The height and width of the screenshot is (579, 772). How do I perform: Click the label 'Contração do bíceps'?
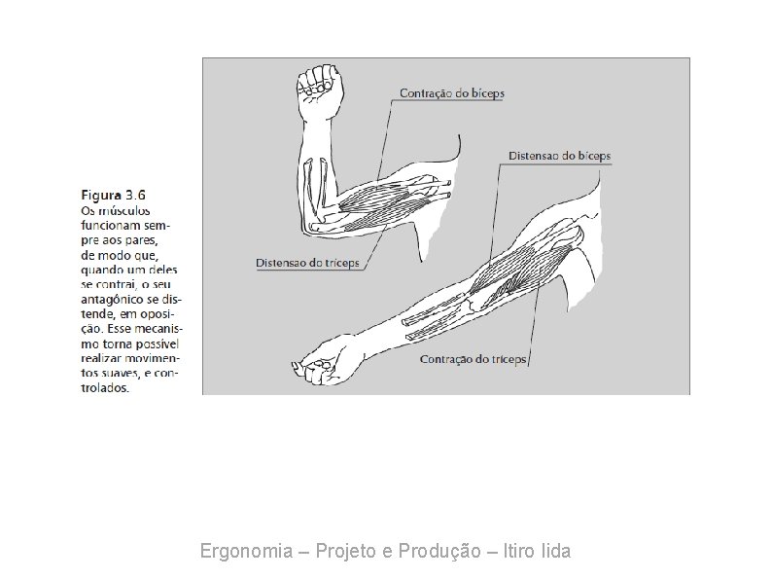(x=452, y=94)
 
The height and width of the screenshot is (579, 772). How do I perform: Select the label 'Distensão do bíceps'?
(x=559, y=156)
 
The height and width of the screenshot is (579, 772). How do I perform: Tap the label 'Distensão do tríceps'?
(x=307, y=263)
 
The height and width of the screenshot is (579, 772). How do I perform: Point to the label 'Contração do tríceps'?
(x=473, y=359)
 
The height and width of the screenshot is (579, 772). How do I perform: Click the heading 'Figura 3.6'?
(x=112, y=195)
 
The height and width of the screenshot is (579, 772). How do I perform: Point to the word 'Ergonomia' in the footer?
(x=245, y=552)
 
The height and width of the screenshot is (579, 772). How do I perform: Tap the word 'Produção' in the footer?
(x=439, y=552)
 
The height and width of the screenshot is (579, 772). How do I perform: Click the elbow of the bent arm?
(x=310, y=225)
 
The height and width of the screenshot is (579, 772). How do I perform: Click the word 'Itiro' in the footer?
(x=517, y=552)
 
